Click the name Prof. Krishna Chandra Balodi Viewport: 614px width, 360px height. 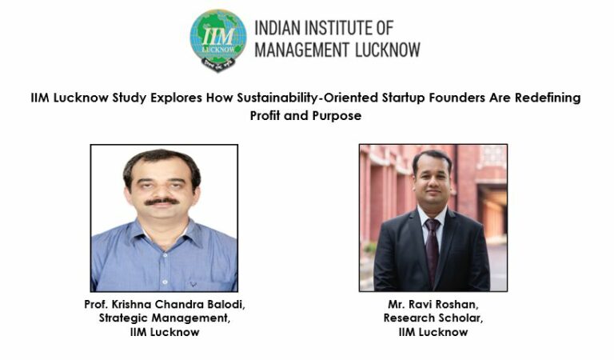pyautogui.click(x=164, y=306)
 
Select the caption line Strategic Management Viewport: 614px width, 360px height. pyautogui.click(x=164, y=318)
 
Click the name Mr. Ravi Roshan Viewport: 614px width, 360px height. pyautogui.click(x=433, y=306)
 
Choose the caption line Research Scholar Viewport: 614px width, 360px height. pyautogui.click(x=433, y=318)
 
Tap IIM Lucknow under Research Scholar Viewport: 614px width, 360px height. pyautogui.click(x=433, y=332)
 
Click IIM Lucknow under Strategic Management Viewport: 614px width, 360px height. pyautogui.click(x=164, y=332)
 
